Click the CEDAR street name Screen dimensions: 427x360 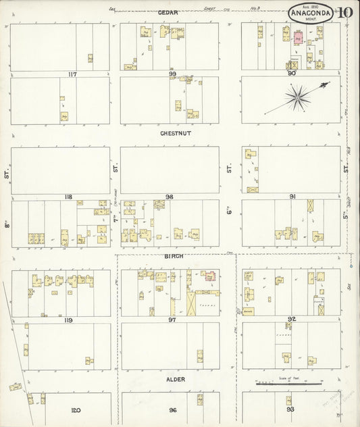pyautogui.click(x=168, y=13)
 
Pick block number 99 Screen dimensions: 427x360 pyautogui.click(x=173, y=74)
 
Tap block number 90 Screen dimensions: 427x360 pyautogui.click(x=292, y=73)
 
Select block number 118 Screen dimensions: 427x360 pyautogui.click(x=68, y=197)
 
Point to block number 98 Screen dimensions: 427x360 pyautogui.click(x=170, y=197)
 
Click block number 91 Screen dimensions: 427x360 pyautogui.click(x=292, y=197)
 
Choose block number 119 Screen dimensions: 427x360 pyautogui.click(x=68, y=320)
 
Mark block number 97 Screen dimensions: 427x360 pyautogui.click(x=172, y=319)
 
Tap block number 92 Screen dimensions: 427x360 pyautogui.click(x=292, y=319)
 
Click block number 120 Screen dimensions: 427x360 pyautogui.click(x=76, y=410)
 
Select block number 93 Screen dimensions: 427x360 pyautogui.click(x=290, y=410)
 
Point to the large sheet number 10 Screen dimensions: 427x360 pyautogui.click(x=344, y=12)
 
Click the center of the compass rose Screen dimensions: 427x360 pyautogui.click(x=296, y=98)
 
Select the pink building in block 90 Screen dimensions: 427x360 pyautogui.click(x=296, y=40)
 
